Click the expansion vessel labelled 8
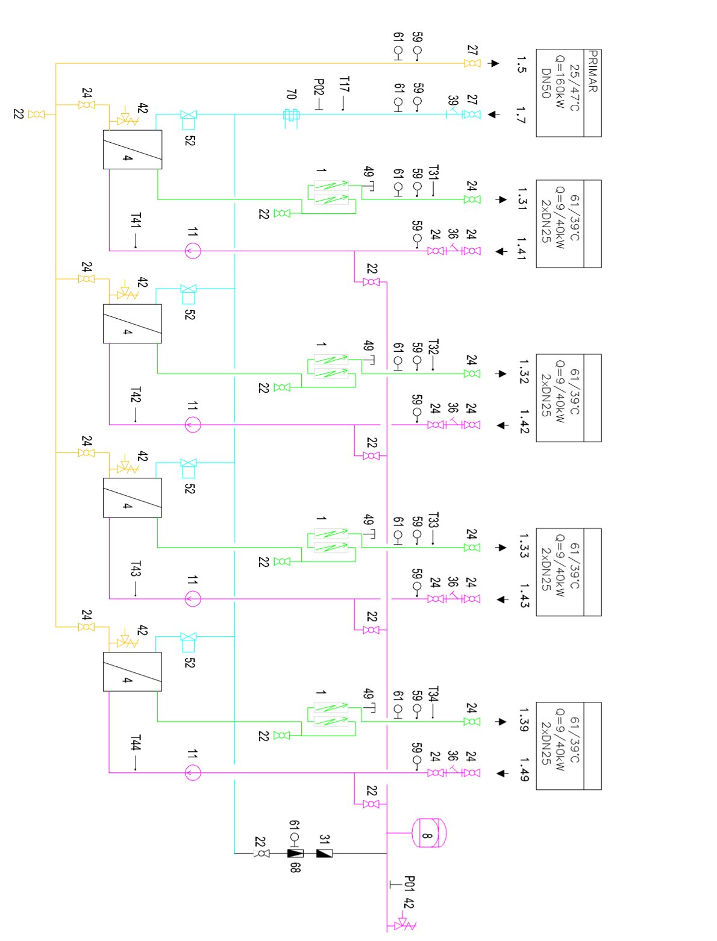click(428, 833)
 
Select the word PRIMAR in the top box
click(592, 71)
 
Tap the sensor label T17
click(344, 84)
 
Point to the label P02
click(319, 87)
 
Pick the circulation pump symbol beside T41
click(193, 251)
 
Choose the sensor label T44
click(136, 743)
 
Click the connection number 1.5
click(521, 64)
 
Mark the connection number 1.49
click(524, 769)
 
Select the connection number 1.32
click(524, 371)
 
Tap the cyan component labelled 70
click(292, 115)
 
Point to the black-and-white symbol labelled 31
click(324, 853)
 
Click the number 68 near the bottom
click(295, 868)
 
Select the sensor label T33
click(434, 520)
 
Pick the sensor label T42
click(136, 395)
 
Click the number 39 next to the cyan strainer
click(452, 101)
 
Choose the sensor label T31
click(434, 172)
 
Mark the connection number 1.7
click(521, 115)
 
